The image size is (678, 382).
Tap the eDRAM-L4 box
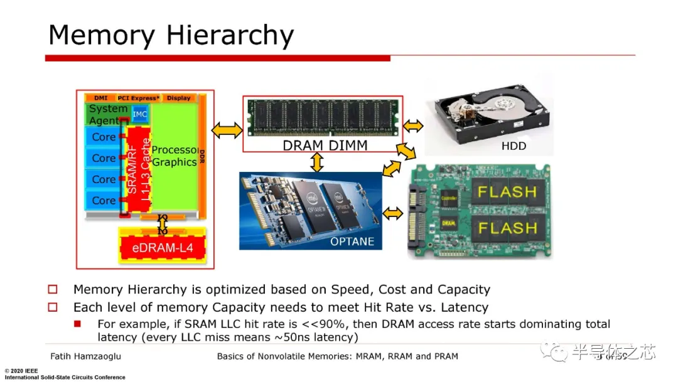tap(163, 248)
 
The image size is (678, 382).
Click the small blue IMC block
tap(140, 114)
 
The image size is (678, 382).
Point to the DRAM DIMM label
tap(324, 146)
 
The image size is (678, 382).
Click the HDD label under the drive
tap(514, 146)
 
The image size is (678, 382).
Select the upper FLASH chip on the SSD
tap(507, 191)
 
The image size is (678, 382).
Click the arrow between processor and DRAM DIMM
tap(227, 130)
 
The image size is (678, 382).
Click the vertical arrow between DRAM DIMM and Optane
tap(317, 162)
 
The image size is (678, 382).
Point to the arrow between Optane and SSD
tap(393, 213)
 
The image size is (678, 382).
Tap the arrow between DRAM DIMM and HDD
tap(412, 126)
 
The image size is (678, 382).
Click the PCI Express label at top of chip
tap(137, 98)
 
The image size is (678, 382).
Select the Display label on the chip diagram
tap(178, 98)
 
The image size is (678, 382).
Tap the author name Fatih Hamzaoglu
tap(86, 356)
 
